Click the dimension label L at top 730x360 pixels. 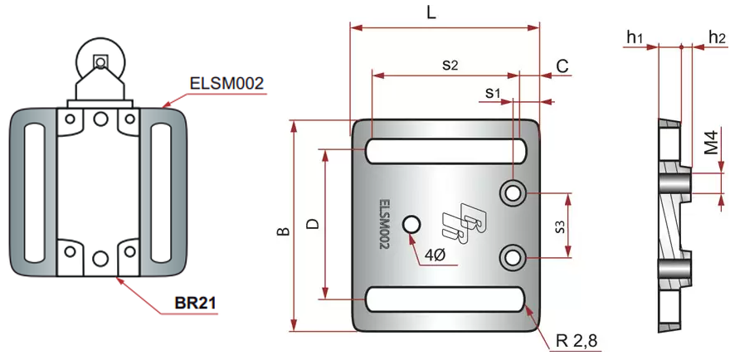431,12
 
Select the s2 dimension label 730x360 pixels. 450,64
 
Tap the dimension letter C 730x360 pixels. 562,66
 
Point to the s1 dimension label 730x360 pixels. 494,92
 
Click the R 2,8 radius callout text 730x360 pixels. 577,340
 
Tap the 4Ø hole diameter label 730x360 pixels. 435,255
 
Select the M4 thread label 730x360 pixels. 711,144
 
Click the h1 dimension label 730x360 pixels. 636,36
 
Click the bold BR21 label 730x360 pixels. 196,303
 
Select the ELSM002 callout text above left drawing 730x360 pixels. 226,83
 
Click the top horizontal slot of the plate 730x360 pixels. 446,152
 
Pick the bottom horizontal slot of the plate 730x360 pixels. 446,299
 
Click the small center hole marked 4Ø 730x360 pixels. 411,224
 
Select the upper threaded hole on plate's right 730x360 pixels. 512,193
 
